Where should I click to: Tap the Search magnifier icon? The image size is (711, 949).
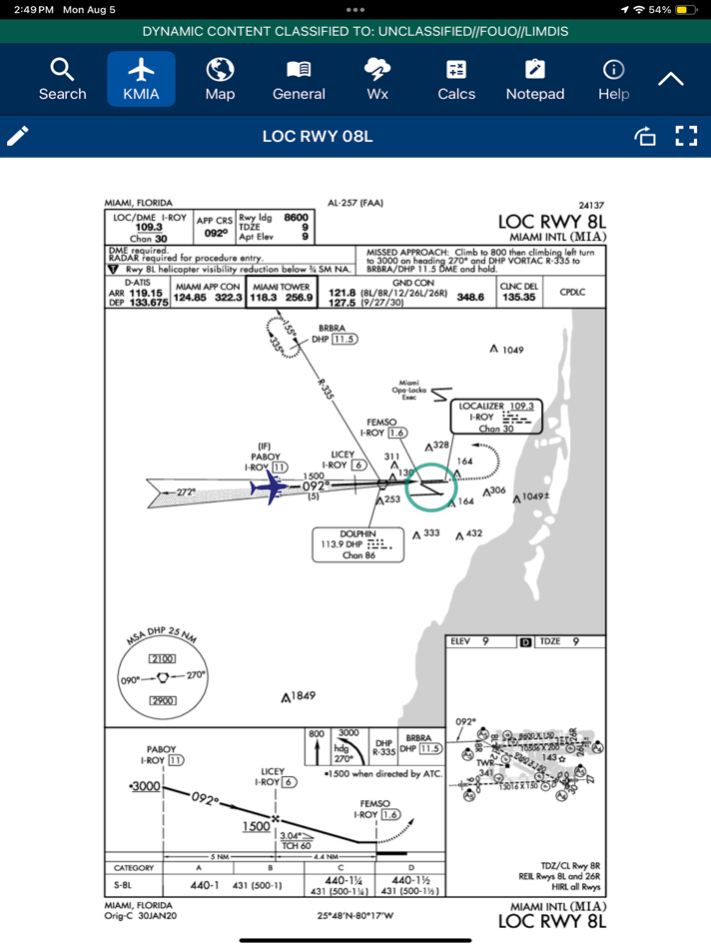(62, 79)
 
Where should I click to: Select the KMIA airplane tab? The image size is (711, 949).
(142, 79)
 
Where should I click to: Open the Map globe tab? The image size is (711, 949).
(220, 79)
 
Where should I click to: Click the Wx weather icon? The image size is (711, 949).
(377, 79)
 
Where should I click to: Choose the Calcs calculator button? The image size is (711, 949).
(455, 79)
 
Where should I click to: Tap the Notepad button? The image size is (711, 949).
(535, 79)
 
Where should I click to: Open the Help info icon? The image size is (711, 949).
(613, 79)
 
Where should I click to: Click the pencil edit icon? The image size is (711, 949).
(19, 136)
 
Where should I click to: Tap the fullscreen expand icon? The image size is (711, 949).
(685, 136)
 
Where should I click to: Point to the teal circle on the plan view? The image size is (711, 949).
(431, 486)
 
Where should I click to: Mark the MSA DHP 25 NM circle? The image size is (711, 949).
(163, 675)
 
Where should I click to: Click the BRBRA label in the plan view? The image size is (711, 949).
(333, 328)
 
